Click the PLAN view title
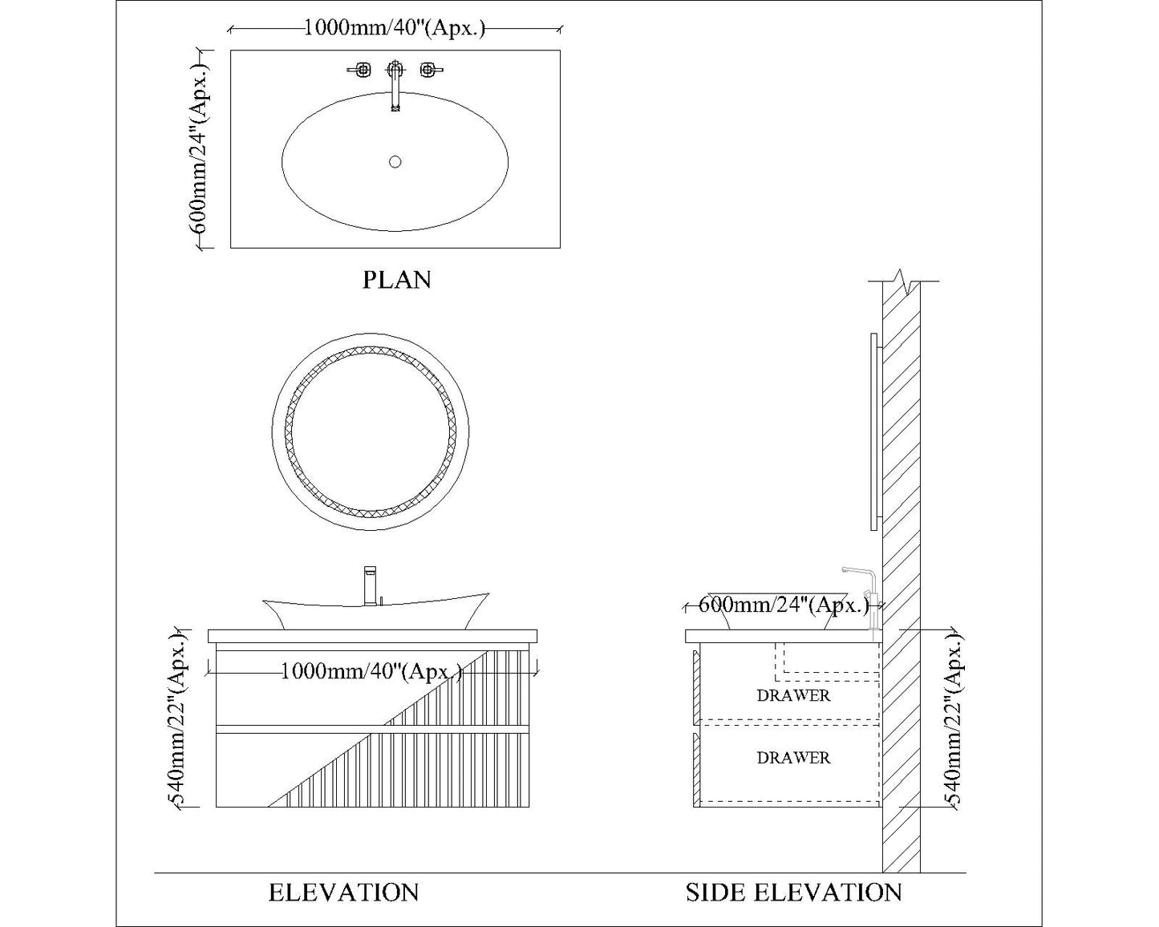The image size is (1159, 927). tap(397, 280)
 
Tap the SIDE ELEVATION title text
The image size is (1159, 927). tap(793, 893)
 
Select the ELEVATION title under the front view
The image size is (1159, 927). tap(343, 893)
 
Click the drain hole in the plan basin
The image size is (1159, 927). tap(395, 162)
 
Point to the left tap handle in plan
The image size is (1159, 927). tap(361, 70)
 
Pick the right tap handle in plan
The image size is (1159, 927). tap(429, 70)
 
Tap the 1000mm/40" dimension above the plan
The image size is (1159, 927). tap(395, 29)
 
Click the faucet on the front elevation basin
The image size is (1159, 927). tap(370, 585)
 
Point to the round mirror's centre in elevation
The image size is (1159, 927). tap(371, 431)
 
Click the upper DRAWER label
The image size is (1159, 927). tap(793, 695)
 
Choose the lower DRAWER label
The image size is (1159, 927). tap(793, 758)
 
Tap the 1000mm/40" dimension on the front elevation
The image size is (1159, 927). tap(371, 671)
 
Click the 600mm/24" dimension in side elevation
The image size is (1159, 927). tap(784, 605)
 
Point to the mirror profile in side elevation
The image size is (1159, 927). tap(873, 431)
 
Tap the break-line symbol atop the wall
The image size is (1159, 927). tap(903, 281)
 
